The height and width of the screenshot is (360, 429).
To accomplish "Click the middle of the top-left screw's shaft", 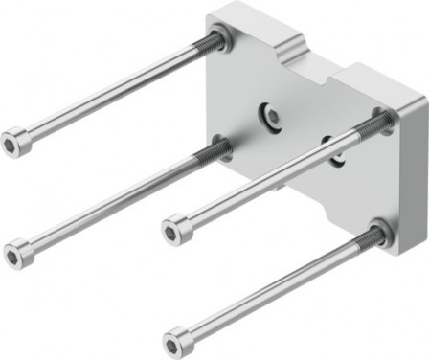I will pyautogui.click(x=110, y=90).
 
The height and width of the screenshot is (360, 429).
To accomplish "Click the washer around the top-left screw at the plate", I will pyautogui.click(x=219, y=39).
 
